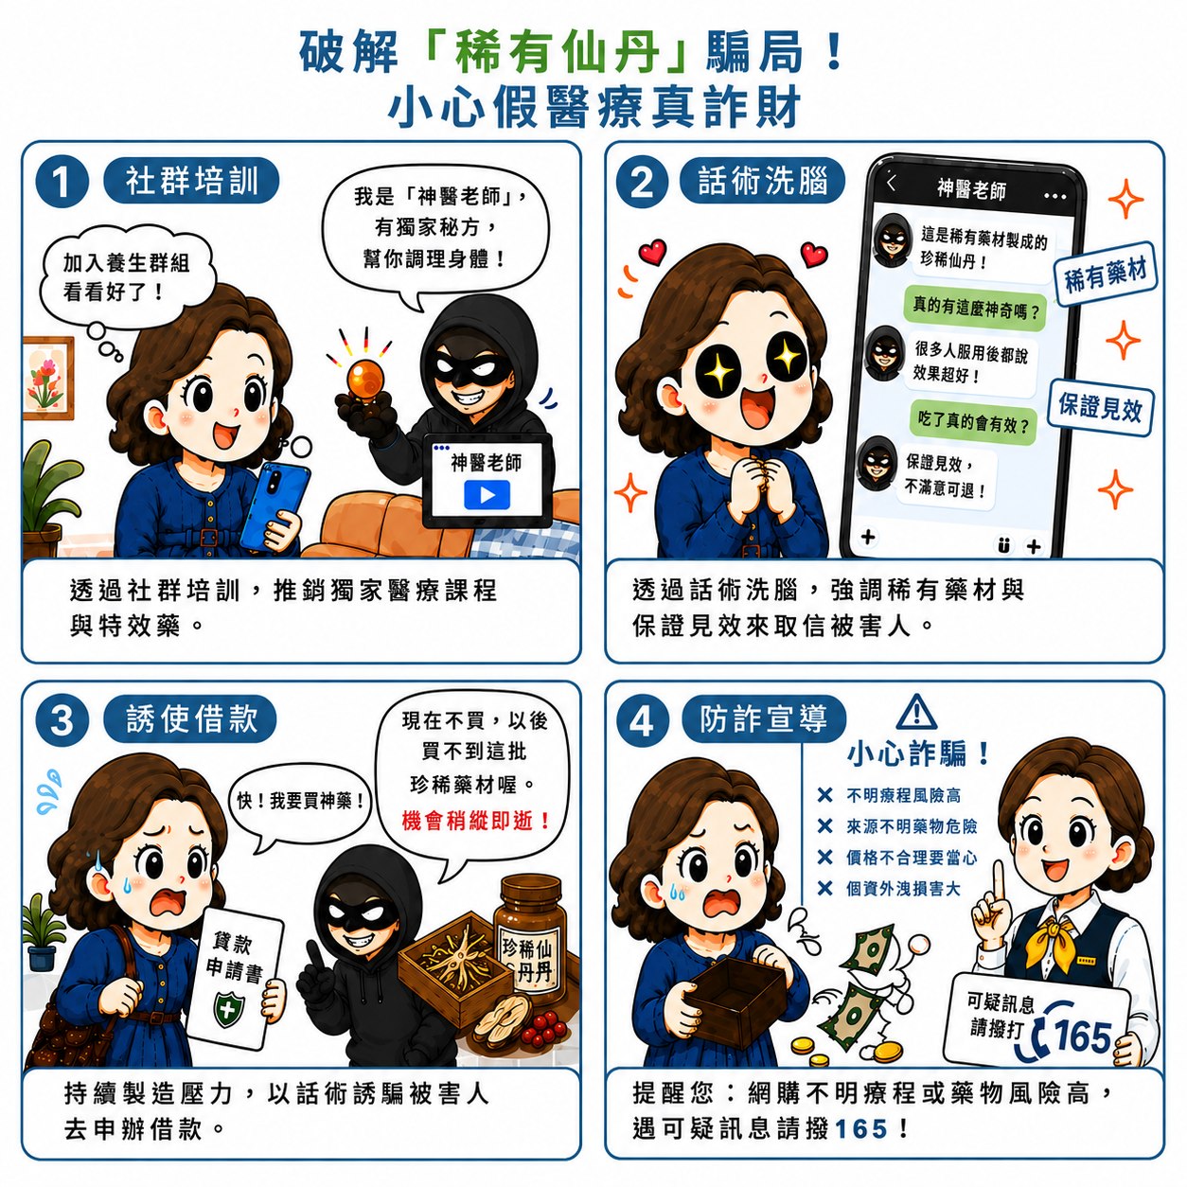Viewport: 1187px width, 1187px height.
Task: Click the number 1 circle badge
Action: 62,183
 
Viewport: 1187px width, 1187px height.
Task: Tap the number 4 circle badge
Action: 641,720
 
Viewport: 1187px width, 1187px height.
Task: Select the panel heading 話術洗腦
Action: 762,181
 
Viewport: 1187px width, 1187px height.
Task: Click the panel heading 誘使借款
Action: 191,718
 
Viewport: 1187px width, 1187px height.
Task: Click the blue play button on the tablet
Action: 487,495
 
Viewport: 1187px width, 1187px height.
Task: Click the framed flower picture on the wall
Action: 47,379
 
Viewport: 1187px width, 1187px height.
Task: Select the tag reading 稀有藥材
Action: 1105,273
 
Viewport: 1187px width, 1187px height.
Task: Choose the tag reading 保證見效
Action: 1100,407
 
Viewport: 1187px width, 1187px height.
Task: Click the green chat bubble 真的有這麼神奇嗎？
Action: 975,308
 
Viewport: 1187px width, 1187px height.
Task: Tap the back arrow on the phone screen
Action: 892,183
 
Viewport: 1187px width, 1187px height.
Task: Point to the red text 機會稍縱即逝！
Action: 475,821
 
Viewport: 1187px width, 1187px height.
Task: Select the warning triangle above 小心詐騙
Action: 917,712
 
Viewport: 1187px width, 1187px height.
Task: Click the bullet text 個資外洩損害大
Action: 903,888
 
